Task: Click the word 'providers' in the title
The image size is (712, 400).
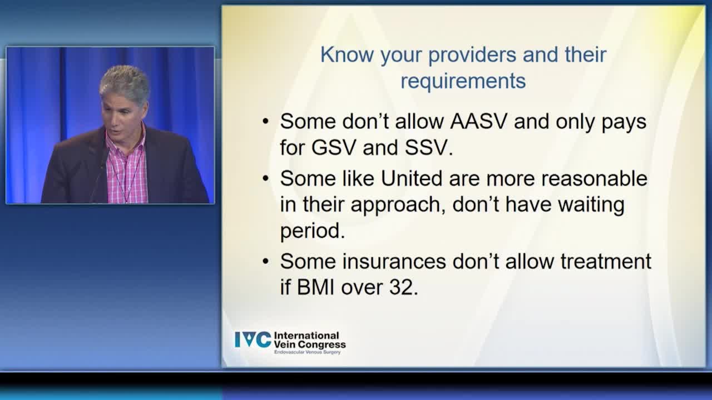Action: (x=473, y=56)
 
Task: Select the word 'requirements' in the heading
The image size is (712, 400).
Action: (x=463, y=82)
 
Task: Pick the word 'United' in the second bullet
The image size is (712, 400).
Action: (x=412, y=178)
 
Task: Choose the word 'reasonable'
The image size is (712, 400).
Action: (x=595, y=178)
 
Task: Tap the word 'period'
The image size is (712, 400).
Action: (x=310, y=231)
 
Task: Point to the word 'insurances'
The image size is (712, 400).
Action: (x=394, y=261)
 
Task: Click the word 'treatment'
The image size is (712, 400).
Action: (x=606, y=261)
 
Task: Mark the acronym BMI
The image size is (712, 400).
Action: (x=315, y=287)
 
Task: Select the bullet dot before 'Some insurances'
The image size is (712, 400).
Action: (x=266, y=262)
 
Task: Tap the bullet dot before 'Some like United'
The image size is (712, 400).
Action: (x=266, y=179)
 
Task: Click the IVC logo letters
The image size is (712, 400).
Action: (x=253, y=339)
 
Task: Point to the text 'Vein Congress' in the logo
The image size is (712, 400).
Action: (x=310, y=344)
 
